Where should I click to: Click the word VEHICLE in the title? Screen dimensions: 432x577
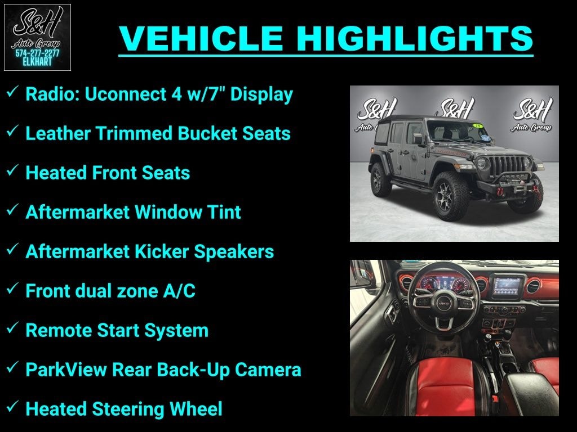(202, 38)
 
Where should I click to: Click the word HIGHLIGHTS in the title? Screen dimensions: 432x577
(415, 38)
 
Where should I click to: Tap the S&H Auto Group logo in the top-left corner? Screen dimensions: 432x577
(37, 37)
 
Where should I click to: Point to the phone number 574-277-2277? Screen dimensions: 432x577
(37, 53)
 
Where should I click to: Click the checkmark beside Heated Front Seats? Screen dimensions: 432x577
(12, 172)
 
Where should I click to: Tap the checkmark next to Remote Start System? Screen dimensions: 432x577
(12, 329)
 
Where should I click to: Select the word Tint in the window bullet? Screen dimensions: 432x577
(225, 212)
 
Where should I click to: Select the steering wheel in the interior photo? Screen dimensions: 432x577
(441, 303)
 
